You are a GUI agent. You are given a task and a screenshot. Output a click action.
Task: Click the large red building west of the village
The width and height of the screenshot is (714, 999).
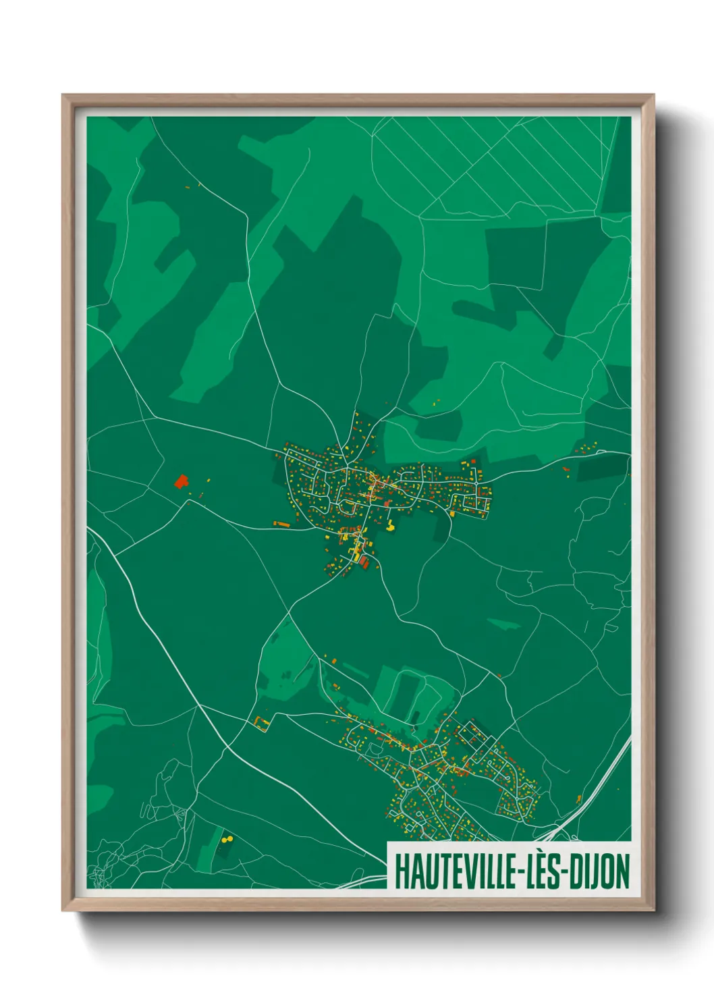180,481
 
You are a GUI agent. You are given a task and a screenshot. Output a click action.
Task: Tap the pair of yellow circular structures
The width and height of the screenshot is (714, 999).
226,839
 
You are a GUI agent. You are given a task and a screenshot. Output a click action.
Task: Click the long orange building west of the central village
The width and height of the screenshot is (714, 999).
281,523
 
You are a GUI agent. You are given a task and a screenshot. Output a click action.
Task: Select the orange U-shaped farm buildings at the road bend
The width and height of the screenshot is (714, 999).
262,722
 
